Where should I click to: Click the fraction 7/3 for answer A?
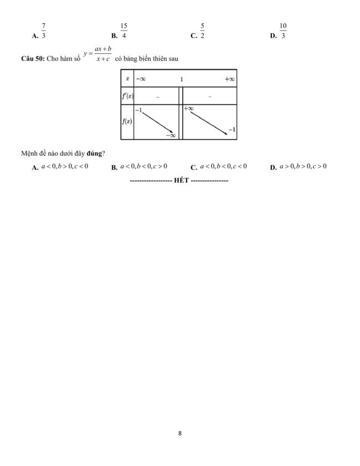coord(43,31)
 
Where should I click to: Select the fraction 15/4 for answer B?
coord(124,31)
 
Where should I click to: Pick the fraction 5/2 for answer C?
coord(203,31)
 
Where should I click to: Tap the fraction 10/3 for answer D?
coord(283,31)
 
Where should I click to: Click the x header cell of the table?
coord(127,79)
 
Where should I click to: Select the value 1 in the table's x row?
coord(181,79)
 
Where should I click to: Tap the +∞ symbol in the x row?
coord(230,79)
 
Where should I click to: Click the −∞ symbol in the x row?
coord(141,79)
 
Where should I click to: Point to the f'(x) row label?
coord(127,96)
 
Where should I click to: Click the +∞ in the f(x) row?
coord(189,109)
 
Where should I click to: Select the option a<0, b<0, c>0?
coord(143,166)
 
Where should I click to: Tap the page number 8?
coord(180,433)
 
